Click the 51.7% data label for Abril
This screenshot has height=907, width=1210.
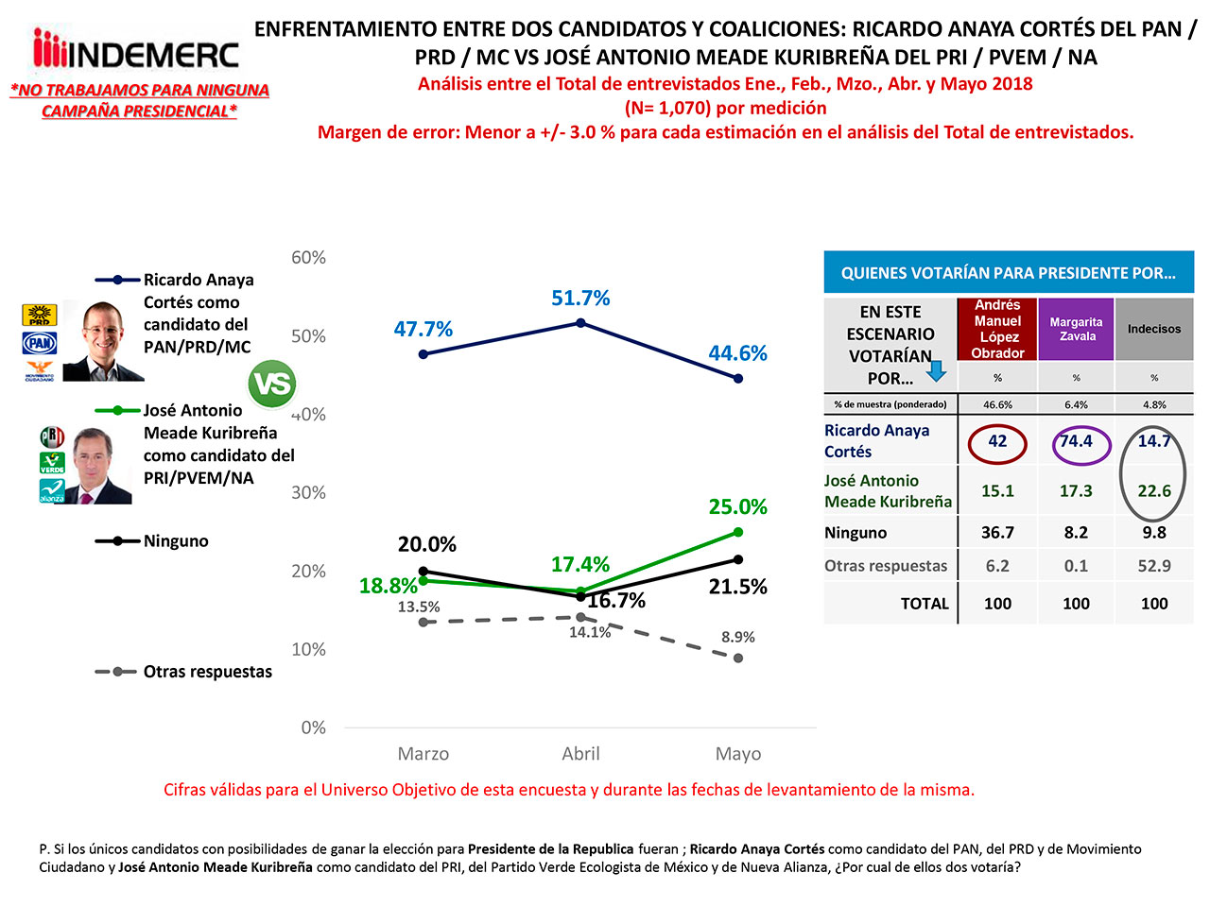pos(580,299)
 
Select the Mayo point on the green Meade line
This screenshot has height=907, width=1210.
pos(738,532)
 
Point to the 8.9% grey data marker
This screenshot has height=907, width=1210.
pos(738,658)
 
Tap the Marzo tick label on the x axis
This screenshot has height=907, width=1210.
pos(423,754)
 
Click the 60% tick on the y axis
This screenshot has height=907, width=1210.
pos(308,258)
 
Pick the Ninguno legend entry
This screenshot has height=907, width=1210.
pos(176,541)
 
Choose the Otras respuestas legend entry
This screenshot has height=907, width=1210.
pos(207,672)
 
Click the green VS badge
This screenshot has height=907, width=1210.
pos(271,384)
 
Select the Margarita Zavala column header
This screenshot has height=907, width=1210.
pos(1076,329)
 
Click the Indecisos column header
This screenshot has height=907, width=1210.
pos(1153,329)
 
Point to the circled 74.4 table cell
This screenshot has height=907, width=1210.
pos(1076,441)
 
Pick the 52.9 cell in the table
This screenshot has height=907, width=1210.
pos(1153,566)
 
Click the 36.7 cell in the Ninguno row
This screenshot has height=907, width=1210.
pos(997,533)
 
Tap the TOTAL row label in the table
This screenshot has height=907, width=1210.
pos(924,604)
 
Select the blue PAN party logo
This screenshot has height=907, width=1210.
pos(40,342)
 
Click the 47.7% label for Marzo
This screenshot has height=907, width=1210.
pos(423,330)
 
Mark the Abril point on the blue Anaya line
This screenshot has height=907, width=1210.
pos(580,323)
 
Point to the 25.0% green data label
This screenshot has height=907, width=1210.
pos(737,507)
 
